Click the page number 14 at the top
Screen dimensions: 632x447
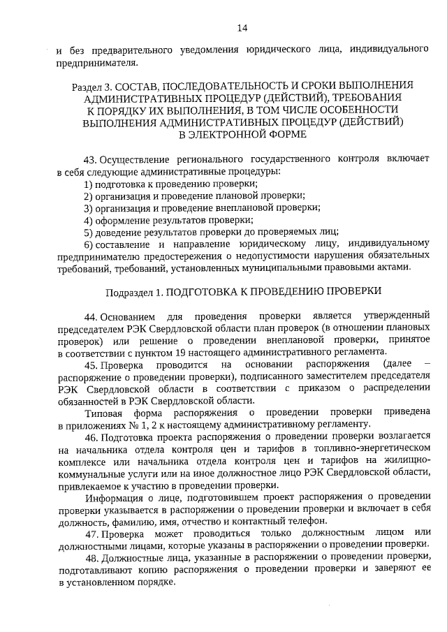242,28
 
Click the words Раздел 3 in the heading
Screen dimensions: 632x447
90,85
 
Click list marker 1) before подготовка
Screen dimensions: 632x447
89,184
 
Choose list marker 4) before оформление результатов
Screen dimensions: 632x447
89,220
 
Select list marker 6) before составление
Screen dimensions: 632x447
89,244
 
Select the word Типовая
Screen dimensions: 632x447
103,413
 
